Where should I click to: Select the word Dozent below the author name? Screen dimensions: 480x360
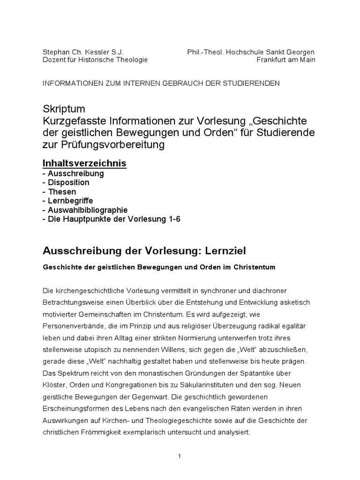pyautogui.click(x=54, y=60)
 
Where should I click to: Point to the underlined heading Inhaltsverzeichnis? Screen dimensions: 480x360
pyautogui.click(x=84, y=164)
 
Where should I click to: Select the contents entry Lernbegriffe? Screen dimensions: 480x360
pyautogui.click(x=70, y=201)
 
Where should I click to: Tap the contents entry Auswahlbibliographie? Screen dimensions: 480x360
pyautogui.click(x=88, y=210)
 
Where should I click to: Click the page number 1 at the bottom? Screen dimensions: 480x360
pyautogui.click(x=180, y=456)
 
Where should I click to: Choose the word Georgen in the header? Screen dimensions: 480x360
pyautogui.click(x=302, y=52)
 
